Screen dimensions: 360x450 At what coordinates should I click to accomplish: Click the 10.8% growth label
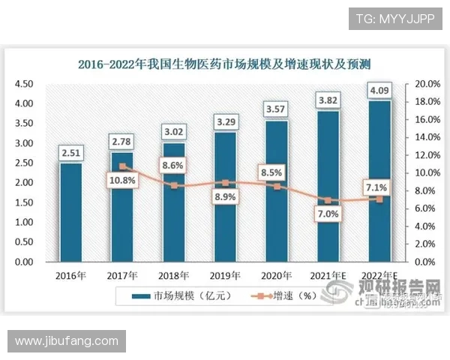click(x=122, y=181)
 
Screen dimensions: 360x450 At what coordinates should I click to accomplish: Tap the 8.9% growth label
click(x=225, y=197)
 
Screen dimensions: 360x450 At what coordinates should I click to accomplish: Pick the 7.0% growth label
click(x=328, y=214)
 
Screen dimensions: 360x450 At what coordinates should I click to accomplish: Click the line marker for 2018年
click(x=174, y=185)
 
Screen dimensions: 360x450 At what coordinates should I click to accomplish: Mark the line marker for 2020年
click(x=277, y=186)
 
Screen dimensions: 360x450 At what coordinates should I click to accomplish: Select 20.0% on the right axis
click(x=426, y=83)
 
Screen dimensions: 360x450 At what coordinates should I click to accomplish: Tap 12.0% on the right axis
click(x=426, y=155)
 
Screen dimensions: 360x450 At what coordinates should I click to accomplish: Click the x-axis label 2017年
click(x=123, y=276)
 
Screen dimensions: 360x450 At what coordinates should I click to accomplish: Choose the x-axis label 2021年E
click(x=328, y=276)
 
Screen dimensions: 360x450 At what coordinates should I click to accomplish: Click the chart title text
click(x=225, y=64)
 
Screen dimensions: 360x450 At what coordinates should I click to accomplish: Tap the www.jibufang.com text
click(x=67, y=340)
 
